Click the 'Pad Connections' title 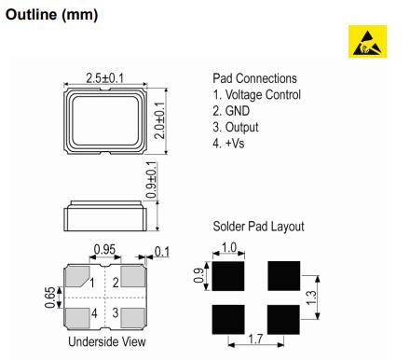254,78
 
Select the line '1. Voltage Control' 256,94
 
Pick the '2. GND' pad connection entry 234,111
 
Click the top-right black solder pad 283,275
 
